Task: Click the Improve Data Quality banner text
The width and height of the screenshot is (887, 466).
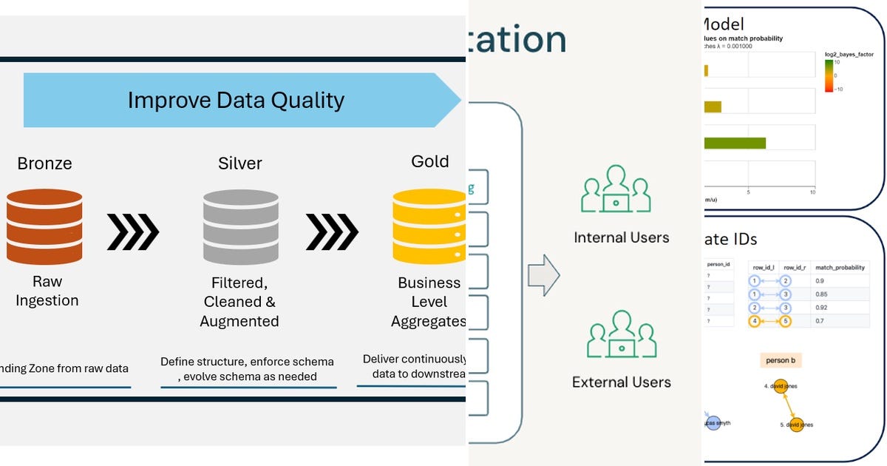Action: pyautogui.click(x=236, y=100)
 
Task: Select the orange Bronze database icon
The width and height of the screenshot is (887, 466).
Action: pyautogui.click(x=44, y=226)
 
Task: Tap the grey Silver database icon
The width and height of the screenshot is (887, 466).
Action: pyautogui.click(x=240, y=226)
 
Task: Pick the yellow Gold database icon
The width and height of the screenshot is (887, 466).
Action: pyautogui.click(x=429, y=226)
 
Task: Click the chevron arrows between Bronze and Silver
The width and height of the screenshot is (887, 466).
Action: pyautogui.click(x=133, y=232)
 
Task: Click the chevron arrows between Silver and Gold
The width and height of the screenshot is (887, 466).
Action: pyautogui.click(x=332, y=232)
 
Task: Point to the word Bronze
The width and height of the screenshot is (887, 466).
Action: pyautogui.click(x=44, y=163)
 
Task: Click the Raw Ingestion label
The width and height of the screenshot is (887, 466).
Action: pyautogui.click(x=47, y=291)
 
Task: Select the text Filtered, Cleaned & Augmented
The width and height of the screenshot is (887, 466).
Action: pyautogui.click(x=239, y=302)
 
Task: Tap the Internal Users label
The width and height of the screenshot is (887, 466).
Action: pyautogui.click(x=621, y=237)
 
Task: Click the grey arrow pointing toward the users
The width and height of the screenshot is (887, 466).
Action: pyautogui.click(x=543, y=276)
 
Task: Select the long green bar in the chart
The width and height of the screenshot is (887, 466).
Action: pyautogui.click(x=735, y=143)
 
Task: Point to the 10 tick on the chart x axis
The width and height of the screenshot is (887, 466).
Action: pyautogui.click(x=812, y=192)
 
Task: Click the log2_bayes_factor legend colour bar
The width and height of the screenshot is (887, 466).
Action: pyautogui.click(x=829, y=75)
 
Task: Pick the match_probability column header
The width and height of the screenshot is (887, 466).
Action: pyautogui.click(x=838, y=267)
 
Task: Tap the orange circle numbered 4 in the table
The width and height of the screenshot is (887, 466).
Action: pyautogui.click(x=754, y=321)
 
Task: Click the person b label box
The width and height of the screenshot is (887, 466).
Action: pyautogui.click(x=781, y=360)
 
